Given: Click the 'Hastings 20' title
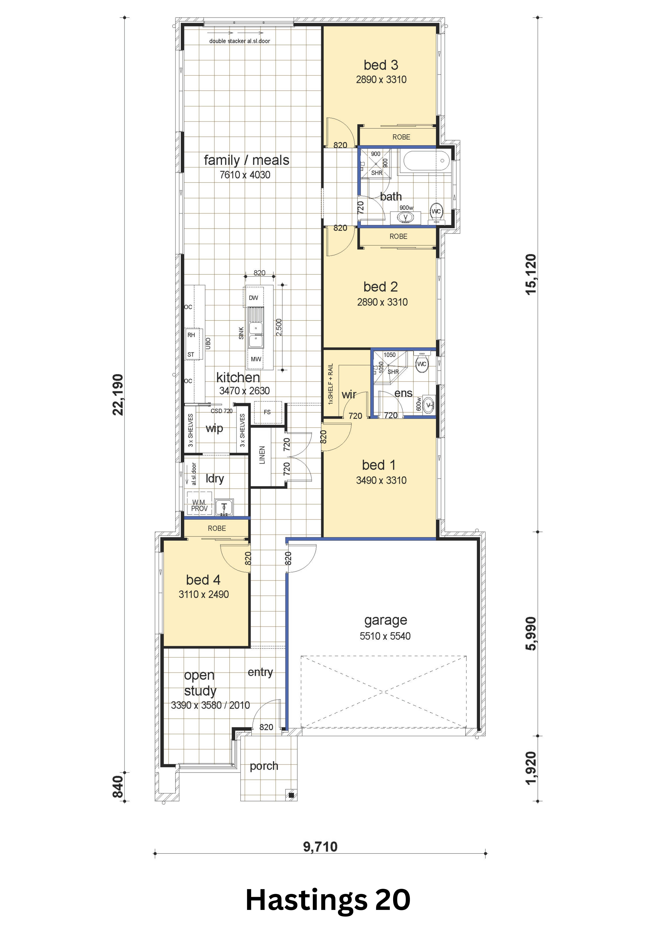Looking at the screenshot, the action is point(328,900).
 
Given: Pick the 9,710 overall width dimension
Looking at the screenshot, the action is point(320,846).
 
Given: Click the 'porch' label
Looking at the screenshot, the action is point(264,766).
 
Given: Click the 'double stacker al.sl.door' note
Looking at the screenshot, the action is point(240,41).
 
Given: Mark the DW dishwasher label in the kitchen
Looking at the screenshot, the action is point(254,298).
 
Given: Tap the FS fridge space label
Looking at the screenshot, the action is point(267,412).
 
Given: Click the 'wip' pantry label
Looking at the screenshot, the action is point(214,429).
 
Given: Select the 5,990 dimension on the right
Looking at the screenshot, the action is point(531,634).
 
